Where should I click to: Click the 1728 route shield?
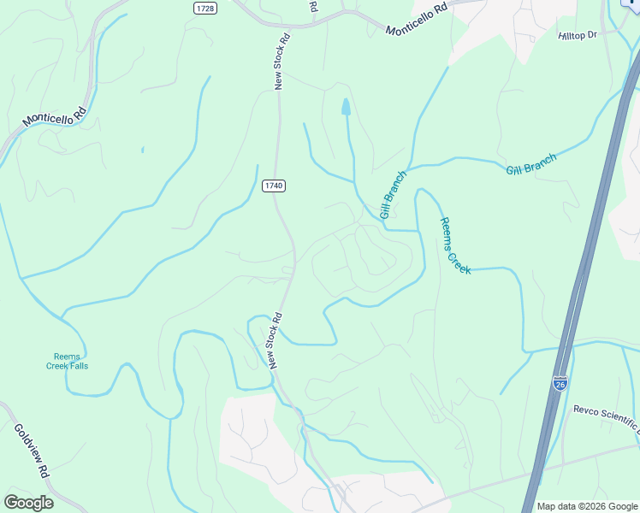(204, 8)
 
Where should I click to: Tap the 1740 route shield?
(273, 186)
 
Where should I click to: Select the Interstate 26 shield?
(560, 384)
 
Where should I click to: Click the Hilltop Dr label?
(577, 35)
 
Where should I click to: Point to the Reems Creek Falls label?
(67, 361)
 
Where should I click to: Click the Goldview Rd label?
(33, 449)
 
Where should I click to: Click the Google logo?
(28, 502)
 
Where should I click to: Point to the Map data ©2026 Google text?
(587, 506)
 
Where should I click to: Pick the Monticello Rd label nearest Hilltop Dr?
(416, 18)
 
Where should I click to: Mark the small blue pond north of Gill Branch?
(346, 107)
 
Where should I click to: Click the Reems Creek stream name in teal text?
(455, 245)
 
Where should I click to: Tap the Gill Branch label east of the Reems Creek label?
(530, 163)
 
